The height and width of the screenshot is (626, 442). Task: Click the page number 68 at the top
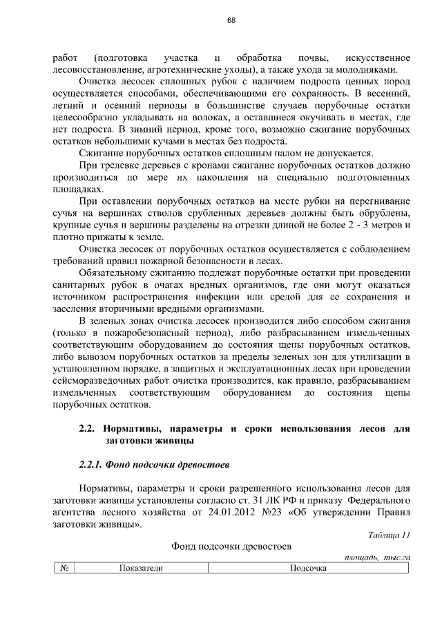pyautogui.click(x=231, y=20)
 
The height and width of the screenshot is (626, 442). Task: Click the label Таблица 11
pyautogui.click(x=390, y=534)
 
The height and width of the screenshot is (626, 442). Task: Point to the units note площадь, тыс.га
pyautogui.click(x=377, y=557)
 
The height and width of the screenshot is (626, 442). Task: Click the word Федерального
pyautogui.click(x=379, y=499)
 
